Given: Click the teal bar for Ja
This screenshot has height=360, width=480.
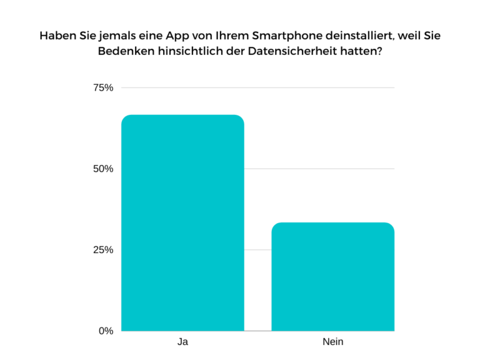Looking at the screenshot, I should coord(182,222).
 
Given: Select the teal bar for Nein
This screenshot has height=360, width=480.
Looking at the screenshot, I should coord(332,276).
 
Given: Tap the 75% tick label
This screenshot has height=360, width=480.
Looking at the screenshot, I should coord(103,87).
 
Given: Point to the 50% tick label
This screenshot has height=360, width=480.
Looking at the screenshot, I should coord(103,169).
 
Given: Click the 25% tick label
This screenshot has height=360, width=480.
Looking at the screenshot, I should coord(103,250).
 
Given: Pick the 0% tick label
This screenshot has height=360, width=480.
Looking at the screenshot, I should coord(106,331).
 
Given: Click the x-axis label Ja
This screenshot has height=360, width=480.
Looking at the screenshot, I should coord(182,342).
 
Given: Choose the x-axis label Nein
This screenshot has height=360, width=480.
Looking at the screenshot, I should coord(332,342).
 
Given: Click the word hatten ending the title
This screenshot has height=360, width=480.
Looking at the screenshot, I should coord(361,52).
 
